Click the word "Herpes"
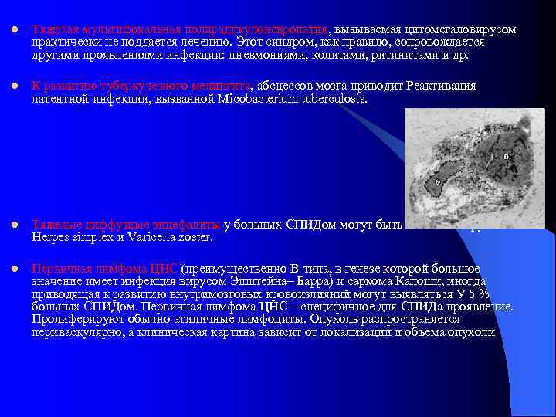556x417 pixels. click(49, 237)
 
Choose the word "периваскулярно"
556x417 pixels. click(70, 333)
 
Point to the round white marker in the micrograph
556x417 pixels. click(437, 181)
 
